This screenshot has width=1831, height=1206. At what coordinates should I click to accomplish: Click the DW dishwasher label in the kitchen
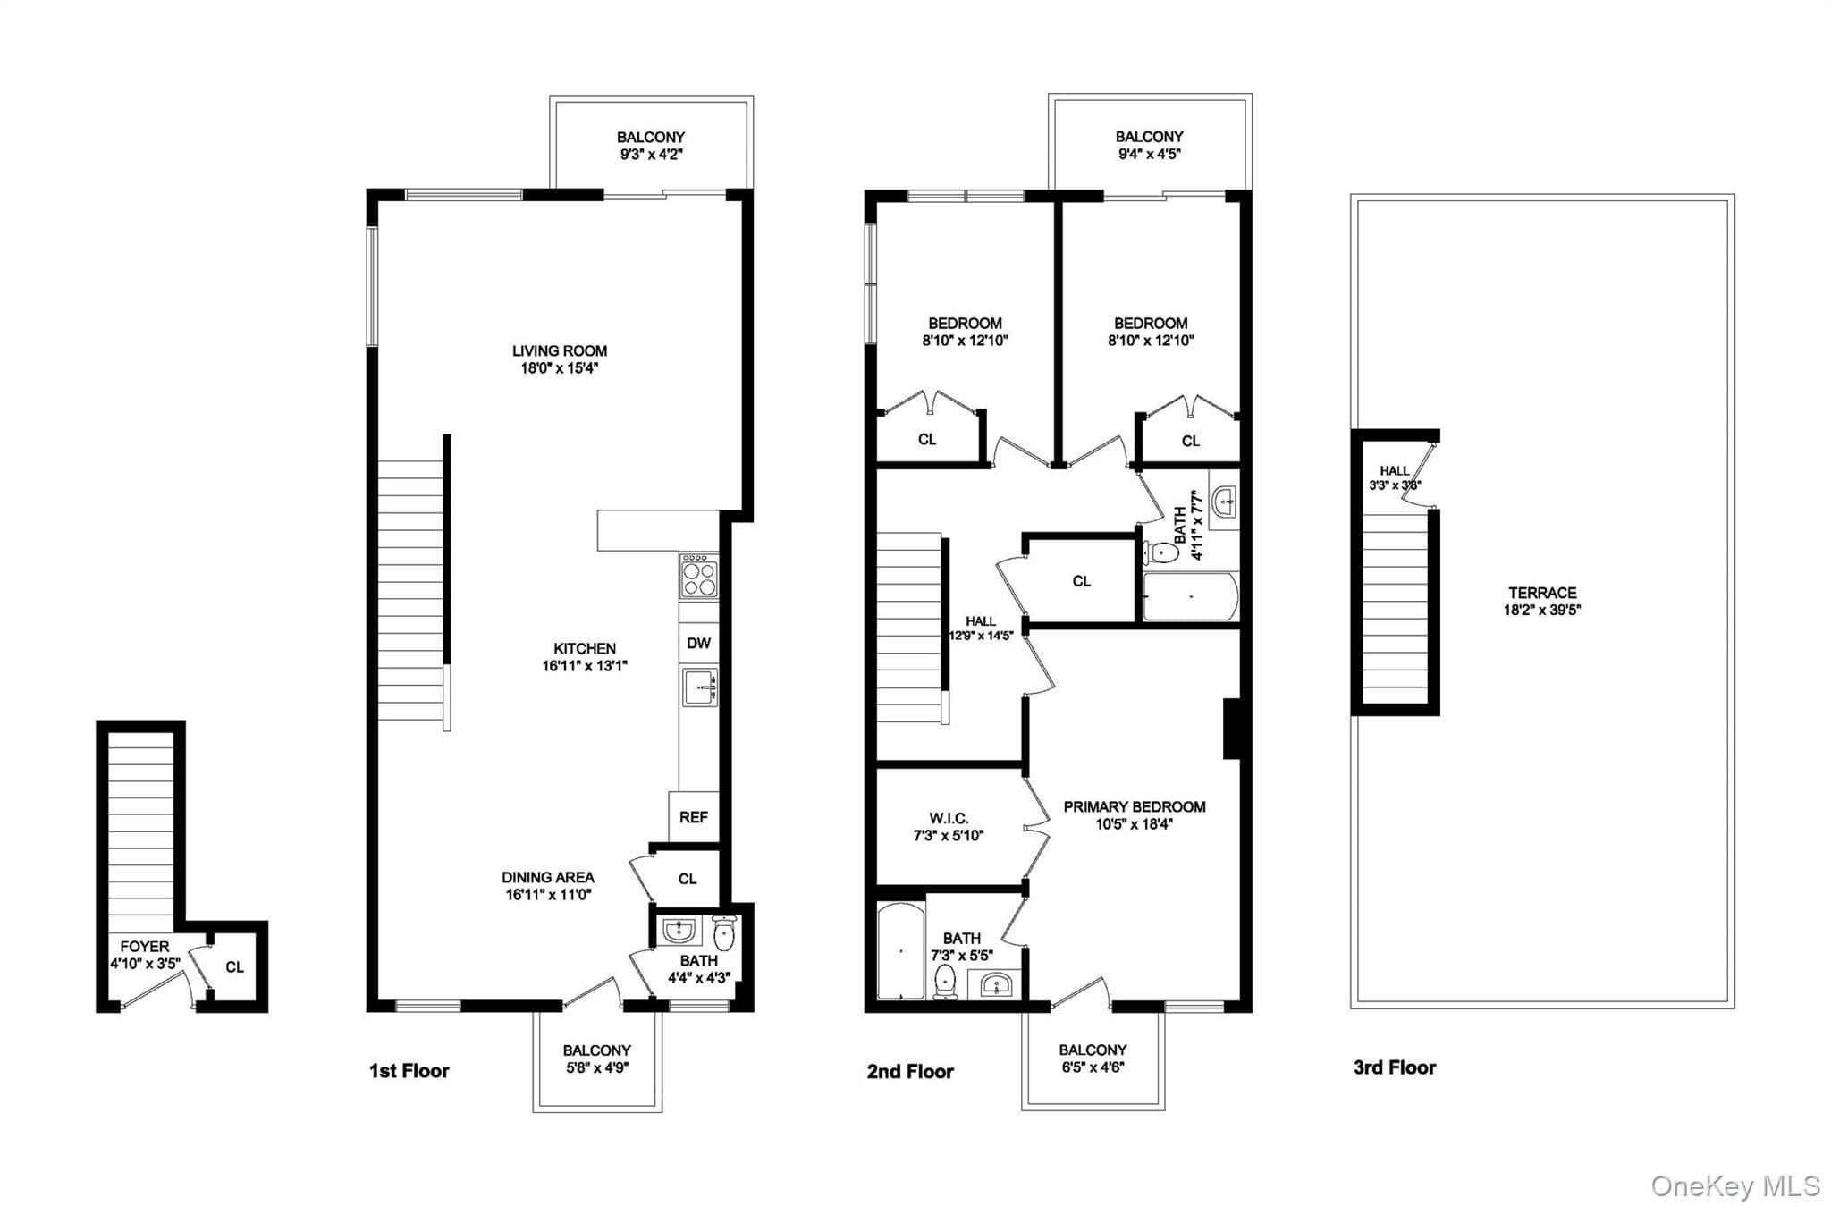699,643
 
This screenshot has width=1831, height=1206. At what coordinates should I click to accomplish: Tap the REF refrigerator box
694,816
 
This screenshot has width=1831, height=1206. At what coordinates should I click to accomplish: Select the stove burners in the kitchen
699,576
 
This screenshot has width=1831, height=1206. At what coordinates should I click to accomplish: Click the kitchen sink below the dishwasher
699,687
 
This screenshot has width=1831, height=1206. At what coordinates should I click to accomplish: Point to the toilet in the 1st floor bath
725,933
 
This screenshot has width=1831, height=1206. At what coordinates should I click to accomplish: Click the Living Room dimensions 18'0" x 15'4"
560,367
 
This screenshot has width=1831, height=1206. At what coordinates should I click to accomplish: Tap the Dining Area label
548,877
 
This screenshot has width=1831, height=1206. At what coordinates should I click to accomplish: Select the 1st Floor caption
409,1070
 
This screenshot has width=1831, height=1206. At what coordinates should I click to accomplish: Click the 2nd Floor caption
910,1071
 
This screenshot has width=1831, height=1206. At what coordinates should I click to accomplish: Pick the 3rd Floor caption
1395,1067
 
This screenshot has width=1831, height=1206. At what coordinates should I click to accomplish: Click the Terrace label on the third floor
1543,593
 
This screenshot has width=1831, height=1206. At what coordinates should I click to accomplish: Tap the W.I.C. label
949,818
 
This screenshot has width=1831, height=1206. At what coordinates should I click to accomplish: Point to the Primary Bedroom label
1135,806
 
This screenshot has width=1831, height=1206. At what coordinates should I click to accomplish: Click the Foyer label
145,947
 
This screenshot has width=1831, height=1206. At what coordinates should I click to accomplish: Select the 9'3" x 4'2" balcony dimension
651,154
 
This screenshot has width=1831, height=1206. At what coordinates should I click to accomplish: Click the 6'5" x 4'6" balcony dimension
1093,1067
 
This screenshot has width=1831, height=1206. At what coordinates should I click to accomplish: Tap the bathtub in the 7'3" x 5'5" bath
900,952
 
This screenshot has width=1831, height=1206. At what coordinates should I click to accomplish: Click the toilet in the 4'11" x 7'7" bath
1161,552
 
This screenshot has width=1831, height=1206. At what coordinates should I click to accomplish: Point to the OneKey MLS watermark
1735,1185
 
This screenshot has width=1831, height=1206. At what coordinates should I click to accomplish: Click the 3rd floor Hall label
1394,470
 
